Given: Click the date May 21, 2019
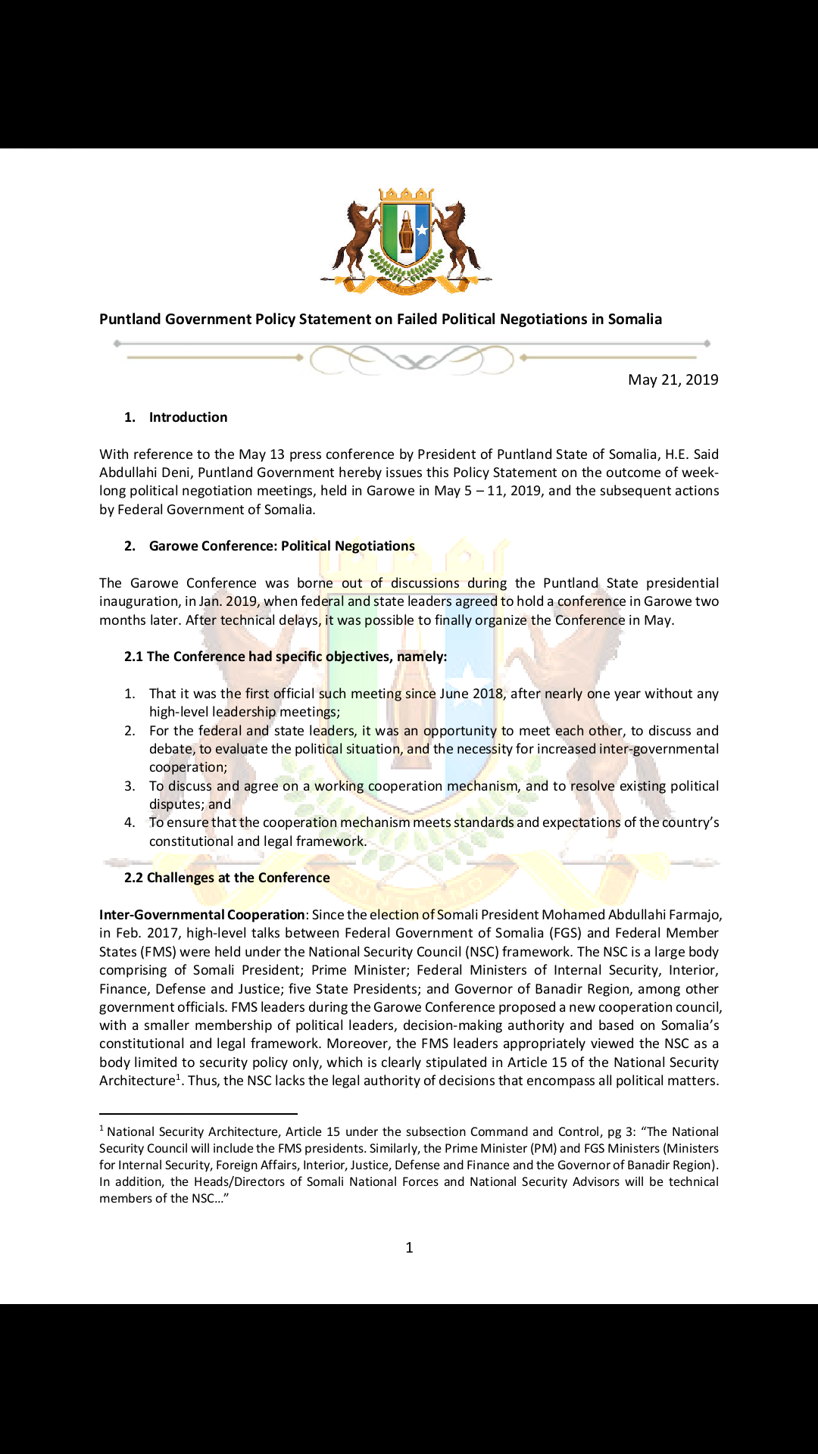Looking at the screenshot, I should coord(673,379).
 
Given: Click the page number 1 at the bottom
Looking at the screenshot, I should coord(409,1247).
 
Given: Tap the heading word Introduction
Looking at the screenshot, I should coord(188,417).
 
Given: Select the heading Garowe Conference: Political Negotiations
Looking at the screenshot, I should coord(282,546).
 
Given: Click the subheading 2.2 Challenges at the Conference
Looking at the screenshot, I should coord(227,878).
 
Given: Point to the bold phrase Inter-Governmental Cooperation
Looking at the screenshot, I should coord(202,915).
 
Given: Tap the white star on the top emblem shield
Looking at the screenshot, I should coord(422,229).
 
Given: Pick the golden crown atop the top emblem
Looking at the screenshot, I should coord(406,195).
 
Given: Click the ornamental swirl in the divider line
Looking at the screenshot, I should coord(411,360).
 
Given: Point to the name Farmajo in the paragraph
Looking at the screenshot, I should coord(695,915).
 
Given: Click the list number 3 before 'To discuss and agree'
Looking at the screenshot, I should coord(130,786).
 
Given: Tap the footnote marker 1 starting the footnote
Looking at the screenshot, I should coord(101,1128).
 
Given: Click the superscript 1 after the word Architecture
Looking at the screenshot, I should coord(179,1077).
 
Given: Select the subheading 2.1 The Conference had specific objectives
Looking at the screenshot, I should coord(286,657).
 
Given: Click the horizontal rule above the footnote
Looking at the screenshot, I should coord(198,1114).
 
